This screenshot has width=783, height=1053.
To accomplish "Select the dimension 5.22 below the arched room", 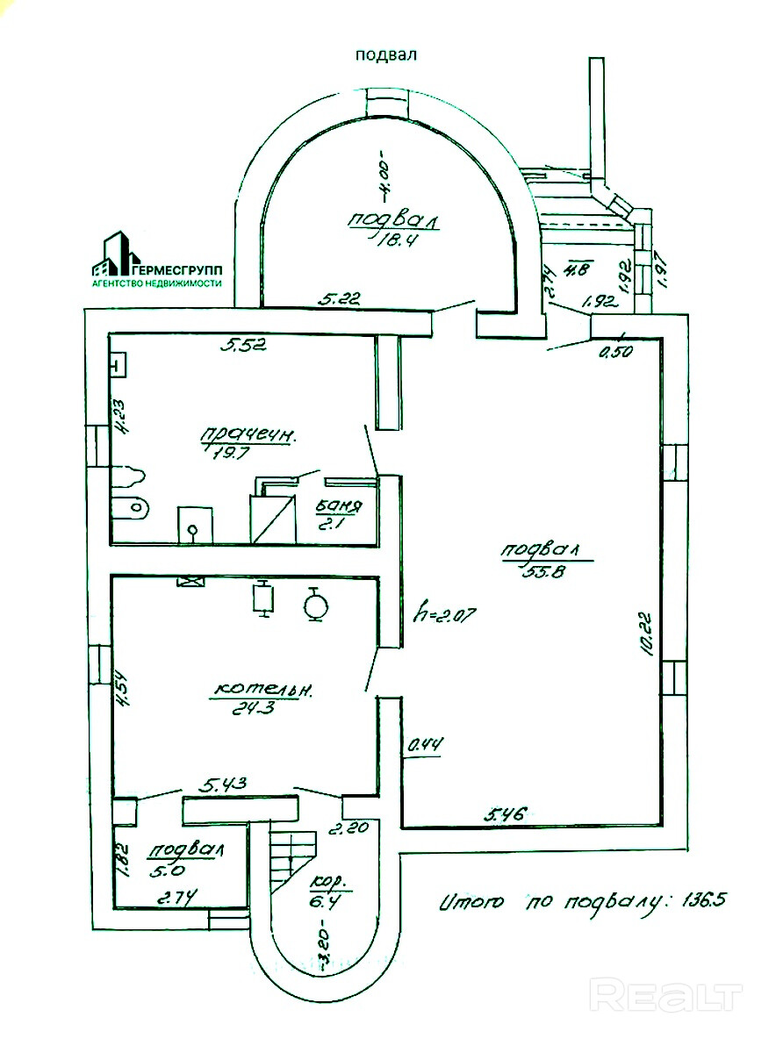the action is pyautogui.click(x=340, y=299).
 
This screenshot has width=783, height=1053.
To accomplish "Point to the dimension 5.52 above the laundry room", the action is pyautogui.click(x=242, y=344).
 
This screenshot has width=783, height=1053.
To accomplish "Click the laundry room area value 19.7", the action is pyautogui.click(x=231, y=453).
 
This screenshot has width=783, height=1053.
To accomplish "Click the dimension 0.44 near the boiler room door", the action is pyautogui.click(x=425, y=746).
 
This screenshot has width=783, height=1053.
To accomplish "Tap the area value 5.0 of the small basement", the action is pyautogui.click(x=166, y=871).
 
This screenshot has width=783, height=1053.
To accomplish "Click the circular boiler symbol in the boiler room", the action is pyautogui.click(x=313, y=604).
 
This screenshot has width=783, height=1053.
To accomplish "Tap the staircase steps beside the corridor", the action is pyautogui.click(x=289, y=856).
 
